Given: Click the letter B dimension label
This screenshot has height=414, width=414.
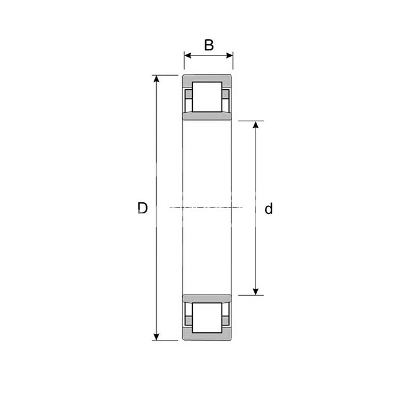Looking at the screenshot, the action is tap(209, 45).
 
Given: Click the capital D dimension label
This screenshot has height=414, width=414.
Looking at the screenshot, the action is tap(143, 208).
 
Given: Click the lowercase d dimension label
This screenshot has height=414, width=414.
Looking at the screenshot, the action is tap(269, 209).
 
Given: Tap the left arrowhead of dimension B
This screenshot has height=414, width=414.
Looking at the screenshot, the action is tap(187, 56).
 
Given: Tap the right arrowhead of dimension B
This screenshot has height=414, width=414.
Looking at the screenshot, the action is tap(229, 56).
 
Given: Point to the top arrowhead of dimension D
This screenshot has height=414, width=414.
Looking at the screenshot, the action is tap(157, 79).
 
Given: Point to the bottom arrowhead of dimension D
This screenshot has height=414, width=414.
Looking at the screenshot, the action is tap(156, 337).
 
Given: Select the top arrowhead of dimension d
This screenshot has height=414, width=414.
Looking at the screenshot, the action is tap(255, 124).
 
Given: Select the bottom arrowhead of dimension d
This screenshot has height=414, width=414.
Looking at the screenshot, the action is tap(255, 292).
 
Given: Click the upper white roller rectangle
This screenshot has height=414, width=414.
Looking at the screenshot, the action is tap(207, 97).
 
